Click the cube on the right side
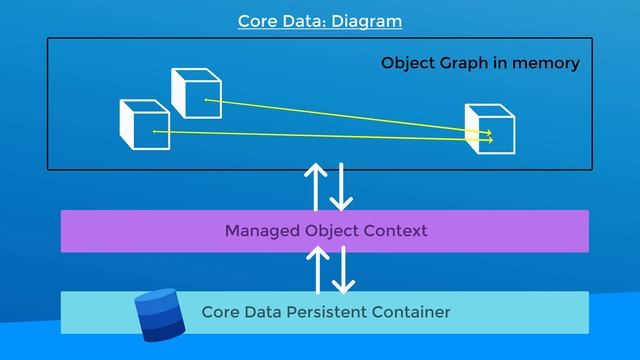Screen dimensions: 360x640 click(x=490, y=129)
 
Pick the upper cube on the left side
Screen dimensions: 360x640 click(x=195, y=92)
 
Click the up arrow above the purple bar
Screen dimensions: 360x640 click(x=315, y=184)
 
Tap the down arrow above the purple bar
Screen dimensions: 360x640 click(x=342, y=184)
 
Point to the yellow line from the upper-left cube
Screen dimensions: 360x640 click(x=350, y=116)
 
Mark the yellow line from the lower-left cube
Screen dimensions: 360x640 click(x=320, y=135)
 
